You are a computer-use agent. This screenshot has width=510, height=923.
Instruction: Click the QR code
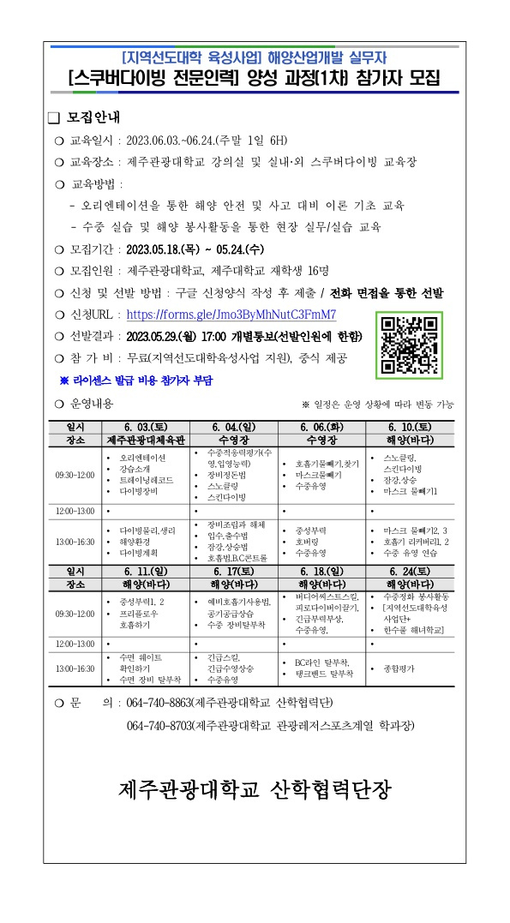pyautogui.click(x=410, y=345)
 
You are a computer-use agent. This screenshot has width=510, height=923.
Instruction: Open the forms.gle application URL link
pyautogui.click(x=231, y=315)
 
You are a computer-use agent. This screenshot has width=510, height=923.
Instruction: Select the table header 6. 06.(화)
pyautogui.click(x=321, y=427)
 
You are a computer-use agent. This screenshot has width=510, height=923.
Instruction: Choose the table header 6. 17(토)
pyautogui.click(x=233, y=571)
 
